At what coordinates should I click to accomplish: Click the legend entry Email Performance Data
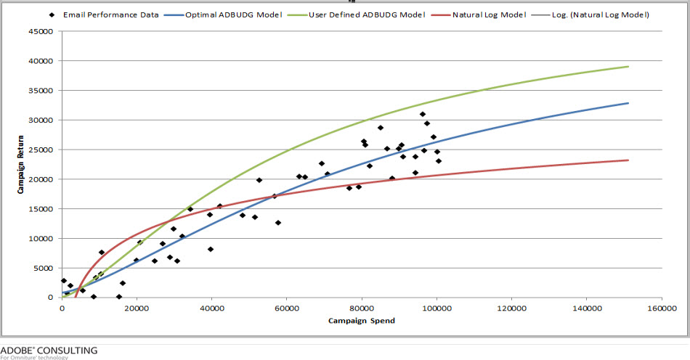[x=110, y=15]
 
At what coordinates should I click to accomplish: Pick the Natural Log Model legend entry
[x=486, y=15]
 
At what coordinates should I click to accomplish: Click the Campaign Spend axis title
[x=361, y=321]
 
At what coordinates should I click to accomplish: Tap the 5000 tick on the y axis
[x=44, y=268]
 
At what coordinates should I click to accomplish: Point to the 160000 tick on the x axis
[x=660, y=308]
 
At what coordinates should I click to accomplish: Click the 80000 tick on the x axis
[x=361, y=308]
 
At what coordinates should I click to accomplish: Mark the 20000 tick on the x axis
[x=137, y=308]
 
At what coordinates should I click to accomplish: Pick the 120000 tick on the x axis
[x=511, y=308]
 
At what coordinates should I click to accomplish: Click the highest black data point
[x=422, y=114]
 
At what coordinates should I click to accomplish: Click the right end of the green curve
[x=628, y=67]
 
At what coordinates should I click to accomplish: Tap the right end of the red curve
[x=628, y=160]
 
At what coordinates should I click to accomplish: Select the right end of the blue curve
[x=628, y=103]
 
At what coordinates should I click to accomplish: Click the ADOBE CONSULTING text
[x=49, y=350]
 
